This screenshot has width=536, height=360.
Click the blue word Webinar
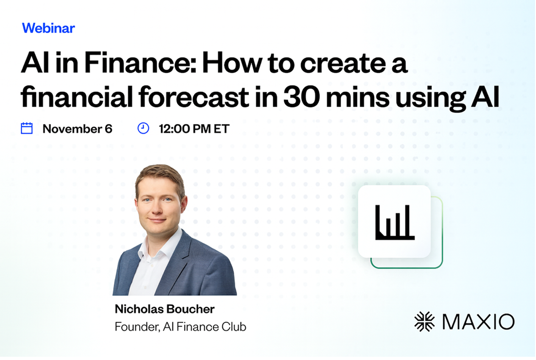tap(48, 28)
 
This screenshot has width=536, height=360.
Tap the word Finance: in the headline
tap(140, 63)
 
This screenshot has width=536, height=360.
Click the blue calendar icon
tap(27, 128)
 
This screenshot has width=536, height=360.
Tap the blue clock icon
tap(143, 128)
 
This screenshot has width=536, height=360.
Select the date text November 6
tap(77, 129)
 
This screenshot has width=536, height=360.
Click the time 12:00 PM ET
tap(194, 129)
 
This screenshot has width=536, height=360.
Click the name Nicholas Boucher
tap(165, 309)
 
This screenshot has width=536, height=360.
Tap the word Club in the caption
tap(234, 327)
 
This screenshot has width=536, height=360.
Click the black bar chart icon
tap(395, 222)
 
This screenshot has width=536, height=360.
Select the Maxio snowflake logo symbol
tap(424, 322)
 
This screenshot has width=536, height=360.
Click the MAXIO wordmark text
tap(478, 322)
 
